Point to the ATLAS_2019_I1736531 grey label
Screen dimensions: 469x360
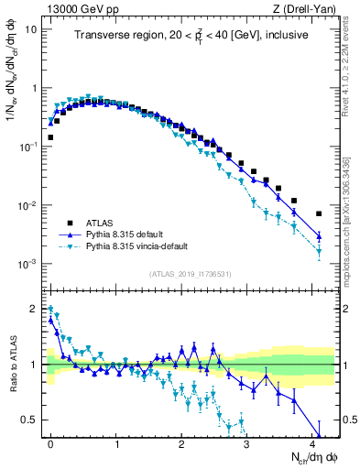tap(191, 274)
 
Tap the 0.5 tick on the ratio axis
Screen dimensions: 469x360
tap(29, 420)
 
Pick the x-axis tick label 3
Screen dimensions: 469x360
tap(246, 442)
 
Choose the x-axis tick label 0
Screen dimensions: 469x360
tap(50, 442)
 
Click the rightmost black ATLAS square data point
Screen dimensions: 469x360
tap(319, 213)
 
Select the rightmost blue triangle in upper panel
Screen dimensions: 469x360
tap(319, 236)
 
